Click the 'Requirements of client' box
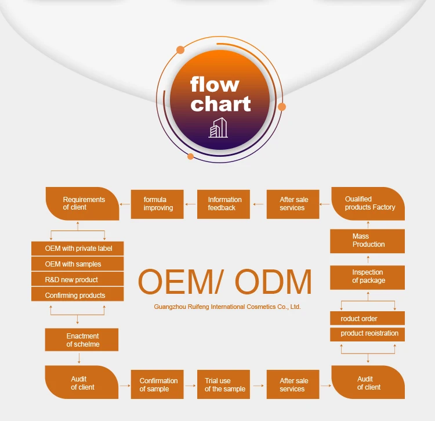point(82,204)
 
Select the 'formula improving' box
point(157,204)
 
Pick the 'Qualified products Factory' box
point(368,204)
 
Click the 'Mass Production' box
point(368,240)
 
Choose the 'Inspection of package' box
point(368,276)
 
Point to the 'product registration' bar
point(368,334)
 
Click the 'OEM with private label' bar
point(78,249)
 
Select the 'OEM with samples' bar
point(78,264)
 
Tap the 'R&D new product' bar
point(78,280)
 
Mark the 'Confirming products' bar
point(78,296)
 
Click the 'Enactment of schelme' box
point(82,340)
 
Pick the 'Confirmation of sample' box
point(157,385)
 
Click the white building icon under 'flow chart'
point(218,128)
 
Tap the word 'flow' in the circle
point(215,85)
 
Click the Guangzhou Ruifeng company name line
point(227,307)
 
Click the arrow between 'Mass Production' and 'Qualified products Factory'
point(368,225)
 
